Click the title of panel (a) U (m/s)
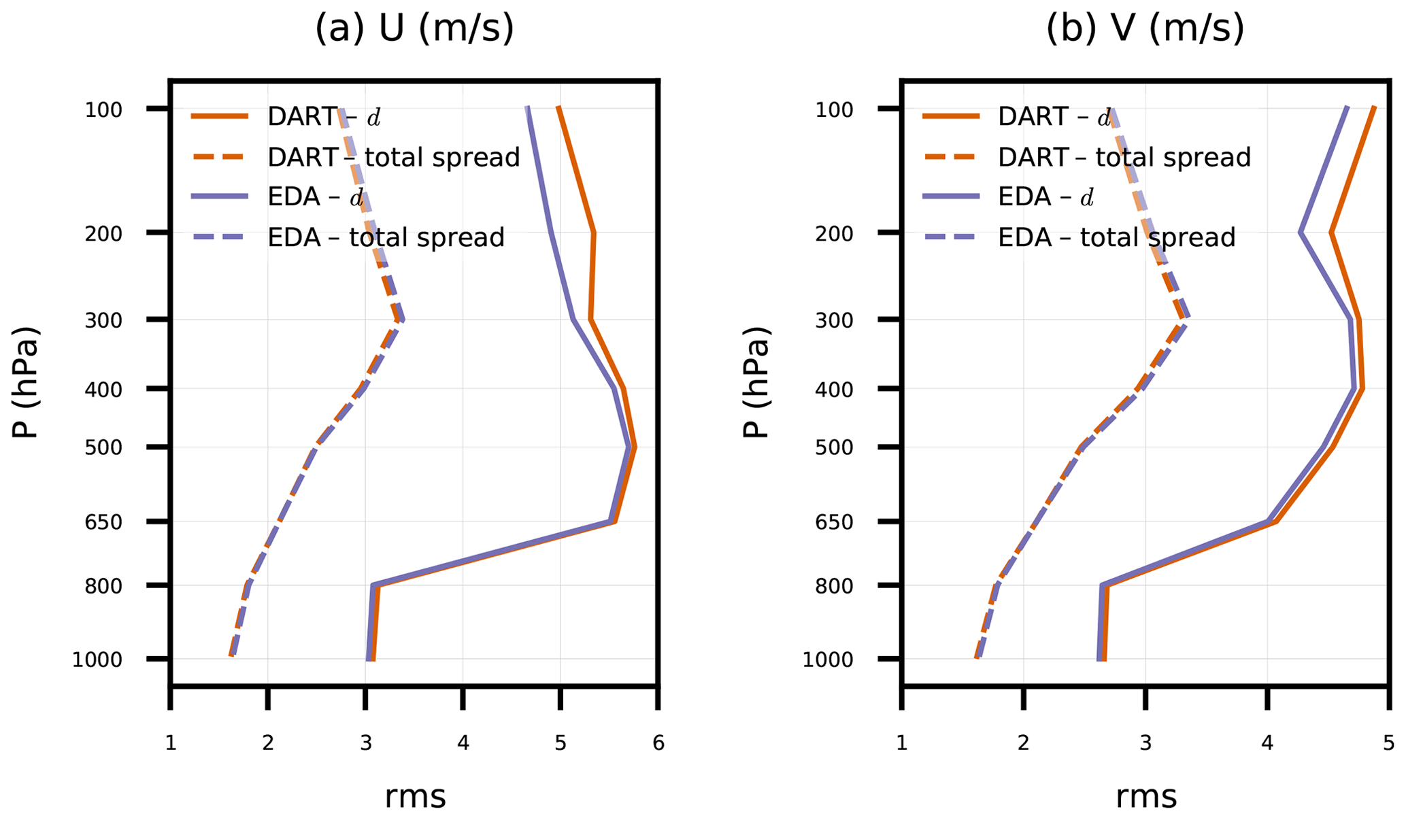(414, 29)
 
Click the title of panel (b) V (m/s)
(1145, 29)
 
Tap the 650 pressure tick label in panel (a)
(103, 522)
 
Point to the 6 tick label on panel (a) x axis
(658, 743)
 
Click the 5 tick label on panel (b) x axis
(1388, 743)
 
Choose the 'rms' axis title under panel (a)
(415, 797)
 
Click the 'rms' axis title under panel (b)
(1146, 797)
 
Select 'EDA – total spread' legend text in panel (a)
(386, 237)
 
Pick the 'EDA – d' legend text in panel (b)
(1045, 197)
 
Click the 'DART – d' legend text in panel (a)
(324, 117)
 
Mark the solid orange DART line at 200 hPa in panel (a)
(594, 233)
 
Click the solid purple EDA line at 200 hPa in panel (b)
(1301, 233)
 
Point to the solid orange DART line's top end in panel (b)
(1374, 107)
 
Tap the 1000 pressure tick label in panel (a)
(97, 660)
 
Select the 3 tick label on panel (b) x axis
(1145, 743)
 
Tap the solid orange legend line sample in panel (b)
(951, 117)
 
